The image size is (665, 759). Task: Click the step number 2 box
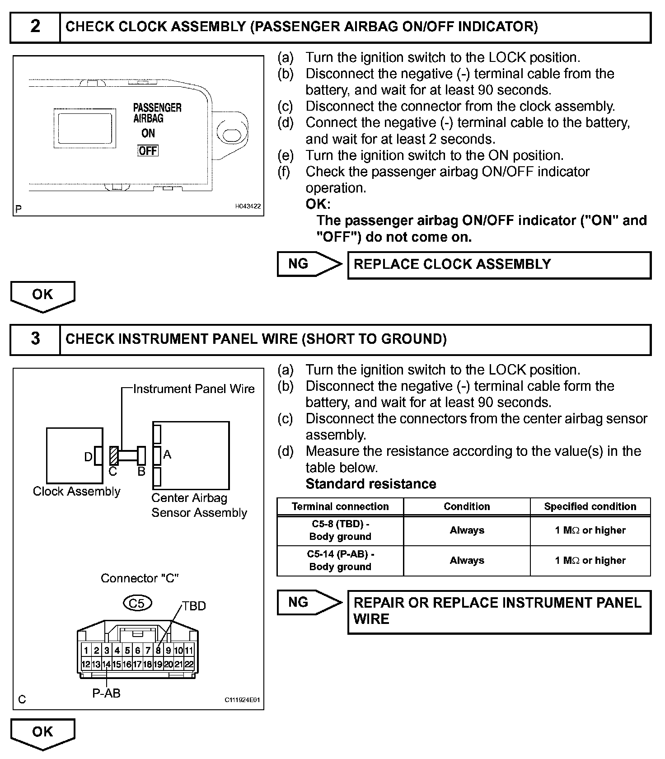click(35, 27)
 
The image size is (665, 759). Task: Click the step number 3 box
click(35, 339)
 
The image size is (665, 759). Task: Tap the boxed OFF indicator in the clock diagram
click(148, 151)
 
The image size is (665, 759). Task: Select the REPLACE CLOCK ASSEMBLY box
click(499, 265)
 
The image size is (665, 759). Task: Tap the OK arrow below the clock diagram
click(42, 296)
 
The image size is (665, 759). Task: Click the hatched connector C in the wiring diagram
click(114, 456)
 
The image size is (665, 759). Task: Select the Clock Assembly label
click(77, 492)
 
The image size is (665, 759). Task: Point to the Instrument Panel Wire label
click(194, 389)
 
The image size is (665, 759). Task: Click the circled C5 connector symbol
click(137, 603)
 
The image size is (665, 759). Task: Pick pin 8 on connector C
click(158, 651)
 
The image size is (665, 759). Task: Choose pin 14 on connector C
click(106, 665)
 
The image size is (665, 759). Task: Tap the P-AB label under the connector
click(107, 693)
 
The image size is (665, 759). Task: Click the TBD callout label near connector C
click(194, 606)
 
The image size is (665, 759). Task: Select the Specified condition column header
click(590, 506)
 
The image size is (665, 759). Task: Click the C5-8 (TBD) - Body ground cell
click(340, 530)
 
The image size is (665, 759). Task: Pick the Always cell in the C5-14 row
click(467, 561)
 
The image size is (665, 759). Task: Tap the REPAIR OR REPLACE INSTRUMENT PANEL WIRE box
click(499, 611)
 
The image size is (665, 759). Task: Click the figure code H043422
click(248, 206)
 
